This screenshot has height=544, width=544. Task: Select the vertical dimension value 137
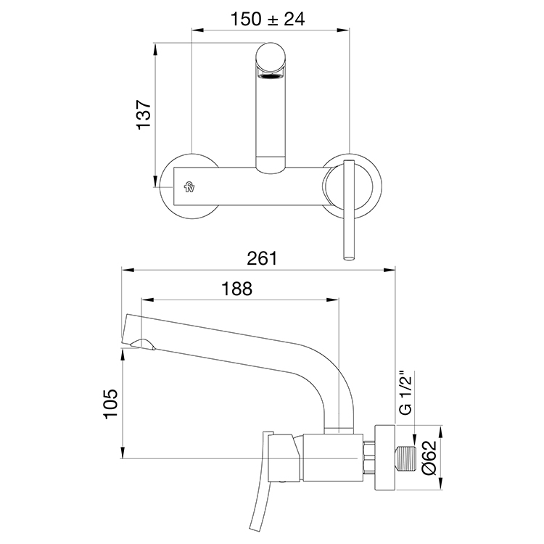tap(144, 115)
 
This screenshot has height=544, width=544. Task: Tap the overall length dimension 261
tap(262, 257)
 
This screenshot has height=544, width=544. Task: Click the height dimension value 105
tap(109, 404)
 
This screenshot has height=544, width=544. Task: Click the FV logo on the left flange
tap(189, 188)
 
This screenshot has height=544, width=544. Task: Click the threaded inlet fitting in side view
tap(405, 458)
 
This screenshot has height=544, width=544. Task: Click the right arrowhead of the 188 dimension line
tap(337, 298)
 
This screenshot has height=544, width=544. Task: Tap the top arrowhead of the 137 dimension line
tap(157, 48)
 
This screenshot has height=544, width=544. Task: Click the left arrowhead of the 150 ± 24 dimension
tap(194, 30)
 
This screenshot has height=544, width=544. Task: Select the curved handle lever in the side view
tap(258, 511)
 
